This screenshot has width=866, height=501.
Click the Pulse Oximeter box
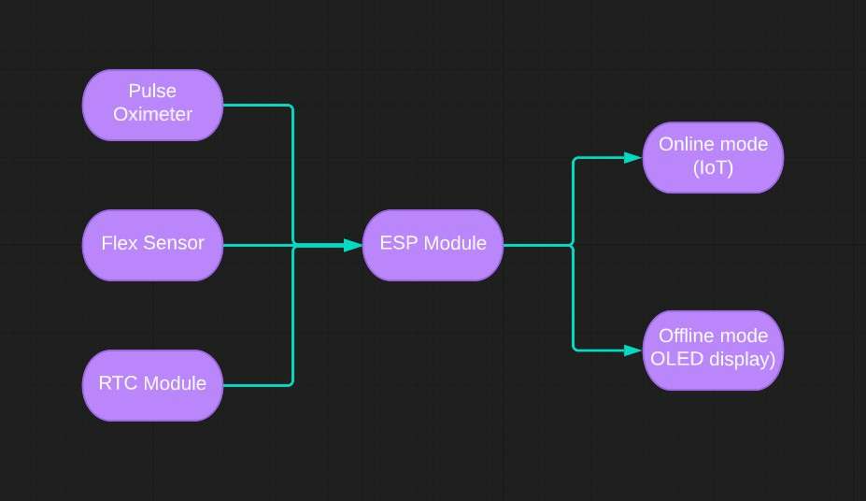(x=152, y=105)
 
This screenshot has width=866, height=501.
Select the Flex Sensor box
(x=152, y=245)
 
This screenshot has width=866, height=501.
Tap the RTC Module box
(x=152, y=385)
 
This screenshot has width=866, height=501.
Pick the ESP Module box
(x=433, y=245)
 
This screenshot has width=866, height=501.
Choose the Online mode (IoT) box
(x=713, y=157)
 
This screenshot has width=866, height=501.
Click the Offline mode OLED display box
(x=713, y=351)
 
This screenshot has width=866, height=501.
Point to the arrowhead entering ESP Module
(x=353, y=245)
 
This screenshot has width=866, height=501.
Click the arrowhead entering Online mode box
(x=633, y=157)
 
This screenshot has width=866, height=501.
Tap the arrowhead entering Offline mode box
(x=633, y=351)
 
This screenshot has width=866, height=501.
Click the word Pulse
(x=152, y=91)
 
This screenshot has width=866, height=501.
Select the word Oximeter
(x=153, y=114)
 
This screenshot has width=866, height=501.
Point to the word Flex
(x=120, y=243)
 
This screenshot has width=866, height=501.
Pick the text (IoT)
(x=713, y=168)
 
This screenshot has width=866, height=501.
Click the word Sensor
(x=174, y=243)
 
